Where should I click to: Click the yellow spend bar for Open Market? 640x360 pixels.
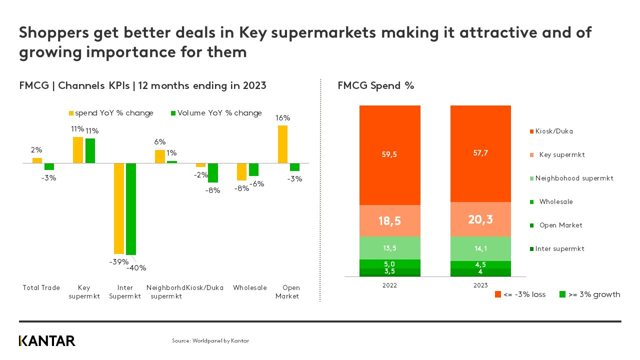[x=282, y=144]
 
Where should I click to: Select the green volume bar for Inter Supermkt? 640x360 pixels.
[x=131, y=209]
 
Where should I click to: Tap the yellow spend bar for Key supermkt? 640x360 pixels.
[x=78, y=150]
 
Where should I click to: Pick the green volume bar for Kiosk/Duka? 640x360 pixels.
[x=213, y=173]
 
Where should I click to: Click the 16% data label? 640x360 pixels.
[x=282, y=118]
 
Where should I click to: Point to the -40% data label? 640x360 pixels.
[x=136, y=267]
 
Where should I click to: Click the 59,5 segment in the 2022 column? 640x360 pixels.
[x=389, y=155]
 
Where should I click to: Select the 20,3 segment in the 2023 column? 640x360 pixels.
[x=480, y=219]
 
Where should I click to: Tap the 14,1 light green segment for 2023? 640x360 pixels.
[x=480, y=248]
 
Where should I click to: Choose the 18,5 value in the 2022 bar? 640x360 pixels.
[x=389, y=220]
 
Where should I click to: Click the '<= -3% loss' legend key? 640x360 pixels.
[x=520, y=294]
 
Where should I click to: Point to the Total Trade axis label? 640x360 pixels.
[x=41, y=287]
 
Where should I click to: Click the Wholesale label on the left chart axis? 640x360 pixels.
[x=250, y=287]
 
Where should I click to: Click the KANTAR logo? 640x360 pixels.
[x=47, y=341]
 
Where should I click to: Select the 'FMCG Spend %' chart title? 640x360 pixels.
[x=376, y=85]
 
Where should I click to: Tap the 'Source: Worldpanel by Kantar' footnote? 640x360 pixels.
[x=210, y=340]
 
